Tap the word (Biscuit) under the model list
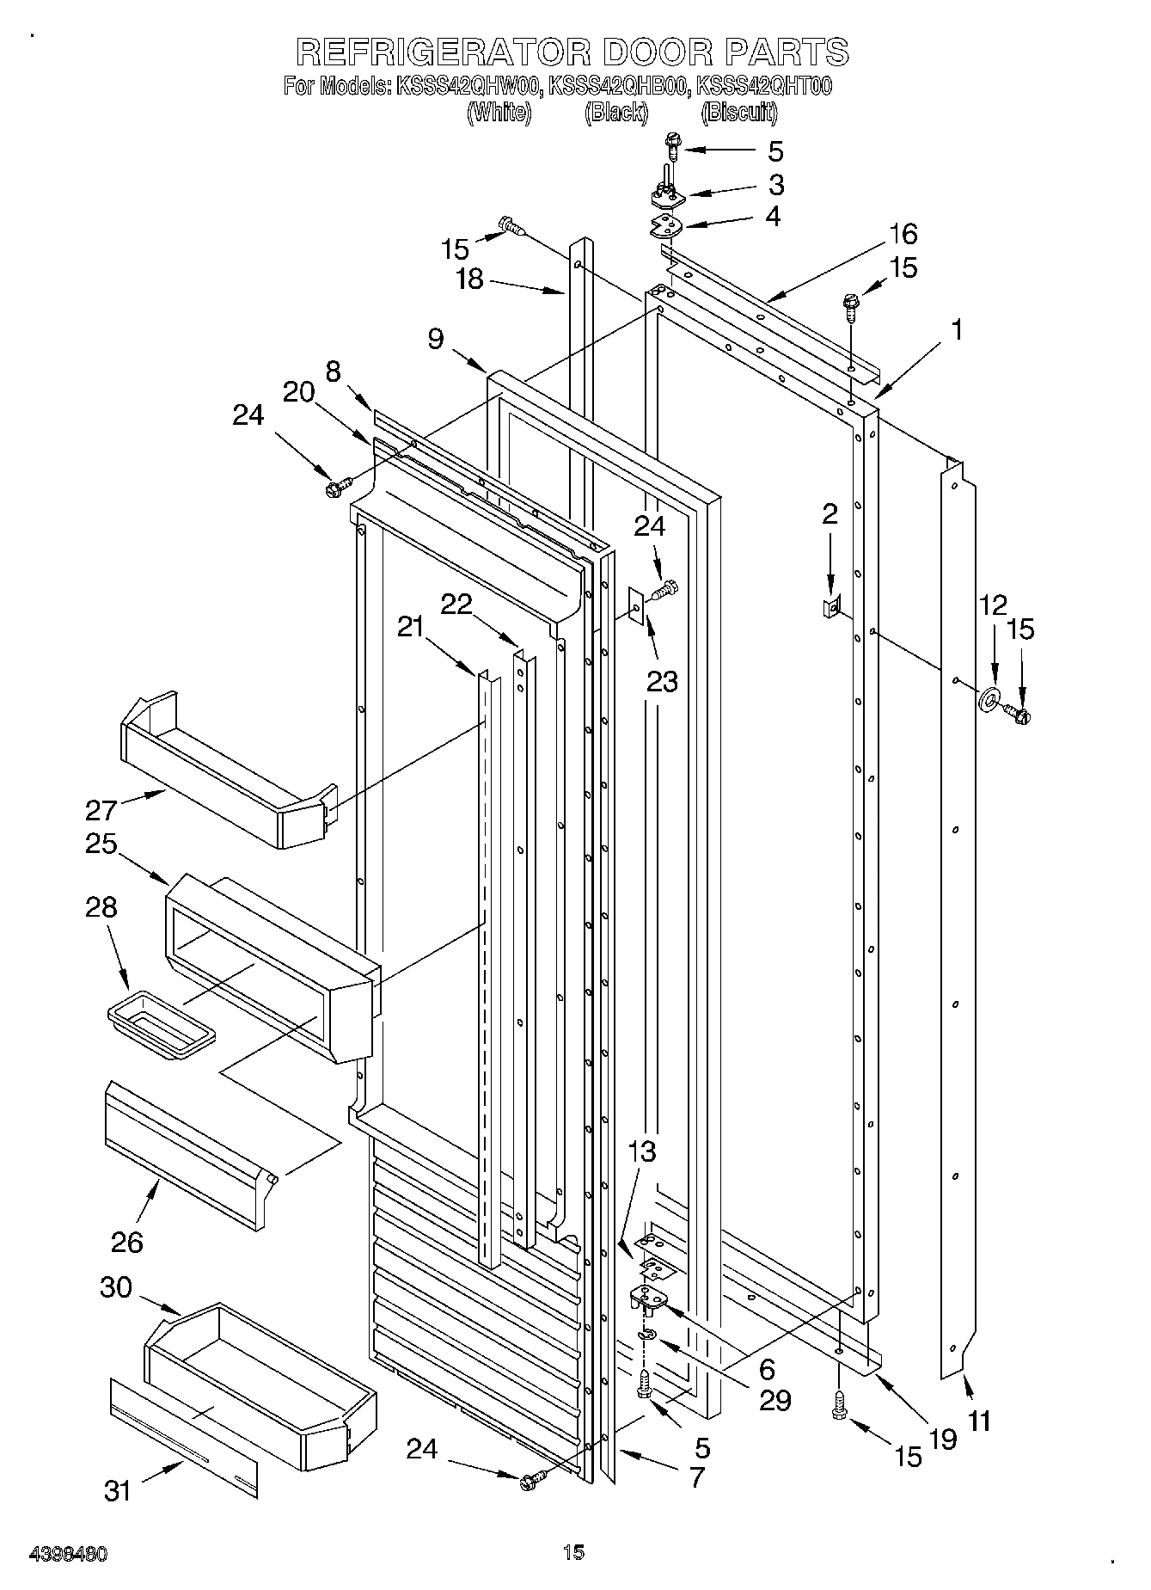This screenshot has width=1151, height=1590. (739, 113)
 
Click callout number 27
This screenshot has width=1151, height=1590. (101, 810)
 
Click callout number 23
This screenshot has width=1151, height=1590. (662, 681)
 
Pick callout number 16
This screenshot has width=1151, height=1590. (903, 234)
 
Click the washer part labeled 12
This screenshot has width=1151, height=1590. (991, 698)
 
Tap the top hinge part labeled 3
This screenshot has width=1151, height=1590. (667, 198)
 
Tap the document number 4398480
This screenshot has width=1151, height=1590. (68, 1554)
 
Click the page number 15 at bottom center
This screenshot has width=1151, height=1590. (573, 1552)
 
